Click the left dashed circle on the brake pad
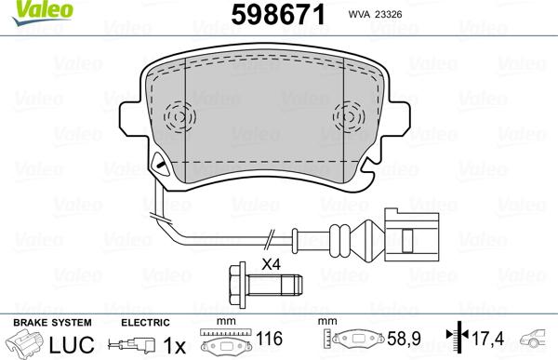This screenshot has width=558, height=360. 178,118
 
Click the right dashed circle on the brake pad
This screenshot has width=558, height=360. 349,118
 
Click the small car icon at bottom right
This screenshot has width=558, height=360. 538,341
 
